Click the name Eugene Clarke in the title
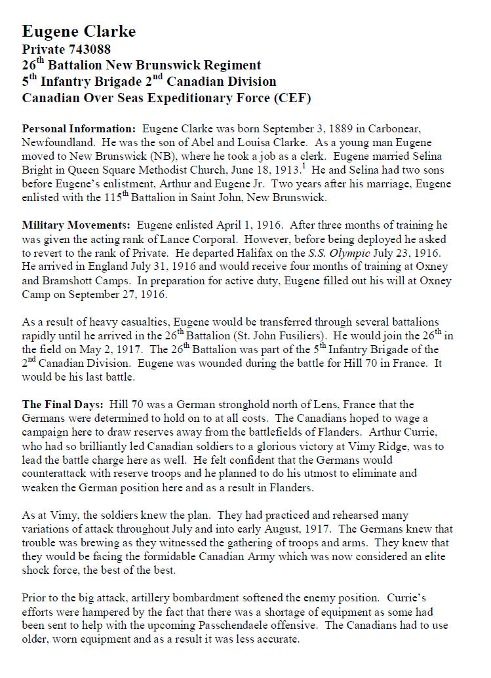(79, 31)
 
